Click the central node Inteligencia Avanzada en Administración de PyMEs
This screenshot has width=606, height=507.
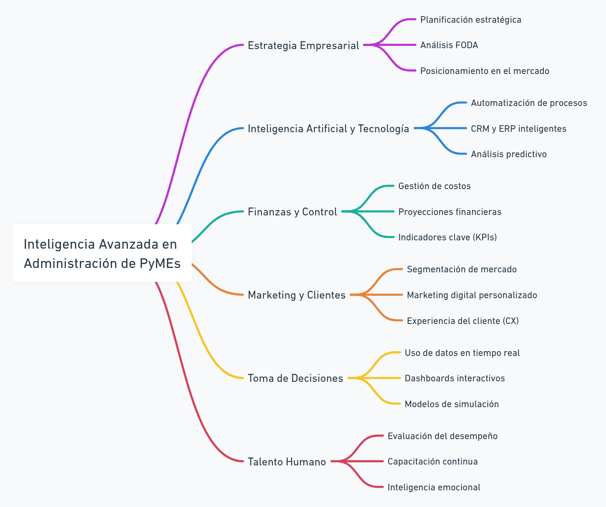coord(102,253)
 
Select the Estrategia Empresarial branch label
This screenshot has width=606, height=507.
coord(303,46)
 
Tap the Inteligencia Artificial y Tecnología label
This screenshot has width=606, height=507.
coord(328,129)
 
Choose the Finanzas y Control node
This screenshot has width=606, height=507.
coord(292,212)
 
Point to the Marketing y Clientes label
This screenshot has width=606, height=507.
coord(296,295)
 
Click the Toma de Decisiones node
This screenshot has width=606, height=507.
coord(295,378)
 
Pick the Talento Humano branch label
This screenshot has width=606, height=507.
coord(287,462)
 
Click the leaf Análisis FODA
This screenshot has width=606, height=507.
coord(449,45)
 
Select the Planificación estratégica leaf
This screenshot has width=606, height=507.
coord(471,20)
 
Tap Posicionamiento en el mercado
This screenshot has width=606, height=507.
coord(485,71)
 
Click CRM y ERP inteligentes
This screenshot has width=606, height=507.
coord(518,129)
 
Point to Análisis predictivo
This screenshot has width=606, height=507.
coord(509,154)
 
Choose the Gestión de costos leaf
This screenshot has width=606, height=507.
coord(434,186)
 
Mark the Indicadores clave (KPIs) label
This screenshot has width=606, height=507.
coord(447,237)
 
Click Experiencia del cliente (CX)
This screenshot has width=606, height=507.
coord(463,321)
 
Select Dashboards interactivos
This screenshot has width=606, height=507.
coord(454,378)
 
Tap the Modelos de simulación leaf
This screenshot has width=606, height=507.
coord(452,404)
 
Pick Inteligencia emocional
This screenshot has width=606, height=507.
coord(434,487)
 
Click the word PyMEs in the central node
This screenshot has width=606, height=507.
coord(160,264)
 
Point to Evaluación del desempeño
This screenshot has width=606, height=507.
coord(443,436)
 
